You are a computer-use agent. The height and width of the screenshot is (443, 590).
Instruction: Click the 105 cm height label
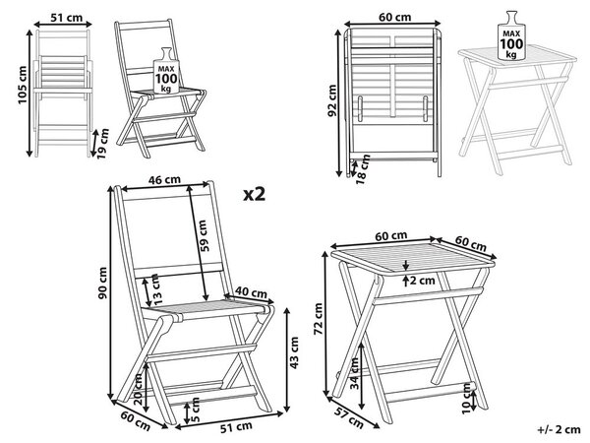[x=23, y=85]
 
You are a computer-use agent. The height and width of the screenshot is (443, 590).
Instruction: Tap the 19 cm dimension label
[x=102, y=144]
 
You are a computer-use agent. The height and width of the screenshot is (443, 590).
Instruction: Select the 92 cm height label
[x=332, y=100]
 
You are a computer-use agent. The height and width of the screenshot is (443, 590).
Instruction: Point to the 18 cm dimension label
[x=363, y=169]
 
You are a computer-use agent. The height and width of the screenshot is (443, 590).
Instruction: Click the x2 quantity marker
[x=255, y=194]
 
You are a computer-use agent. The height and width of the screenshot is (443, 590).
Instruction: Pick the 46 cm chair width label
[x=164, y=180]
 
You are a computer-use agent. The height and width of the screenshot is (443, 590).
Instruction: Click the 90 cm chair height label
[x=102, y=283]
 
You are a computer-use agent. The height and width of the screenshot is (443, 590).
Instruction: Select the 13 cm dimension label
[x=156, y=289]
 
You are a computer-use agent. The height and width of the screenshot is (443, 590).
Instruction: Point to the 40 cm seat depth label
[x=251, y=292]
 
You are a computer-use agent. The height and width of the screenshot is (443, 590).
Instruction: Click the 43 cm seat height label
[x=294, y=352]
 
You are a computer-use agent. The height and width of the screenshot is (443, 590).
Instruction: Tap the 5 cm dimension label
[x=196, y=410]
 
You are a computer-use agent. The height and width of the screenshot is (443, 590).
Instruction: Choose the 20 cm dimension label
[x=138, y=389]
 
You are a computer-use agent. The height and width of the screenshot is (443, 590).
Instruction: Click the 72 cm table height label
[x=319, y=319]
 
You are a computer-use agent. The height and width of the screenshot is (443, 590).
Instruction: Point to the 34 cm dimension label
[x=354, y=374]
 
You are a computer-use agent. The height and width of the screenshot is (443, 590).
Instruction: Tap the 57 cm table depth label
[x=349, y=417]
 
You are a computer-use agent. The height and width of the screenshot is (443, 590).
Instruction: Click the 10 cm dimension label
[x=466, y=399]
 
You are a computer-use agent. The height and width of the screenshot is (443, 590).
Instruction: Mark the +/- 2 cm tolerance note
[x=559, y=429]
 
